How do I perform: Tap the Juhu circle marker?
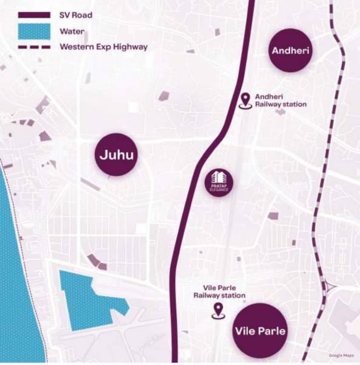click(116, 155)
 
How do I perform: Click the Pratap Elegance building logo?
click(218, 181)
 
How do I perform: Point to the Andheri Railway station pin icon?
click(246, 100)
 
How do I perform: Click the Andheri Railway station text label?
click(280, 100)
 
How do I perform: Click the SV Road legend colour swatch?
click(34, 15)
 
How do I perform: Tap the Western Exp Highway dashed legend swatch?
click(34, 47)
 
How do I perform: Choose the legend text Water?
click(72, 30)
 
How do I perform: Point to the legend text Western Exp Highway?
click(103, 47)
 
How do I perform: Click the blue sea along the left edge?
click(18, 274)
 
